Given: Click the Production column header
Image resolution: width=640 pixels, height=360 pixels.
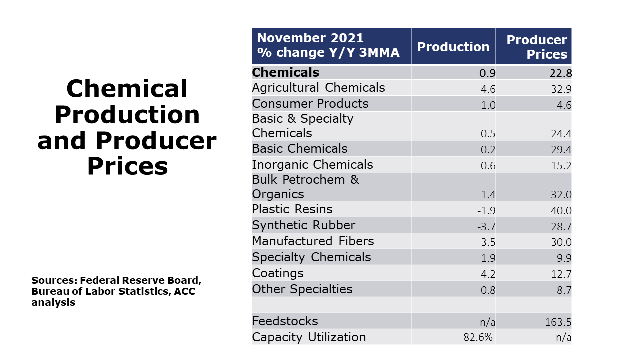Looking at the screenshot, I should [453, 47].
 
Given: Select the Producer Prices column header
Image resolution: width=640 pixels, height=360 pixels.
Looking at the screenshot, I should [536, 47].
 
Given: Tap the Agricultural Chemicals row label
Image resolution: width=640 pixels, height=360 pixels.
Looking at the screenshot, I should [318, 88].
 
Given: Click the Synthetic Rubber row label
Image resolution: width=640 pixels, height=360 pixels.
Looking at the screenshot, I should [303, 225].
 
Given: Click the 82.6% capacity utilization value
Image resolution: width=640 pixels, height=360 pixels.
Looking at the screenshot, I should [478, 338].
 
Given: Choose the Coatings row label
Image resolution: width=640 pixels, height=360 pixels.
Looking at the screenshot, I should [277, 273].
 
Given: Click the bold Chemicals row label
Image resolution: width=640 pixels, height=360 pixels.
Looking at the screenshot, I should [285, 72].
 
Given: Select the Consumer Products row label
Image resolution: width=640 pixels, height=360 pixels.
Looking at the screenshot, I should [310, 104].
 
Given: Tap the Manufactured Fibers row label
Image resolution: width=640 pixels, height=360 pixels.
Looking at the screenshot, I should [313, 241].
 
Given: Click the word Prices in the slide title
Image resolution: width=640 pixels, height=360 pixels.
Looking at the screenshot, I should [127, 167].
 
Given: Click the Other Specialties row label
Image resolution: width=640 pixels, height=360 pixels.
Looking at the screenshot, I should [302, 289].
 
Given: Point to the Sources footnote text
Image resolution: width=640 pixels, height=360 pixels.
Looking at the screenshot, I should [116, 291].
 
